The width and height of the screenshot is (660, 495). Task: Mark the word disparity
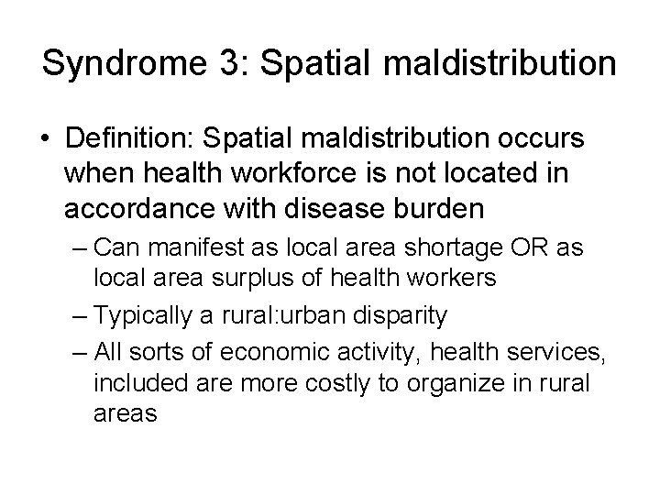pos(401,316)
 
